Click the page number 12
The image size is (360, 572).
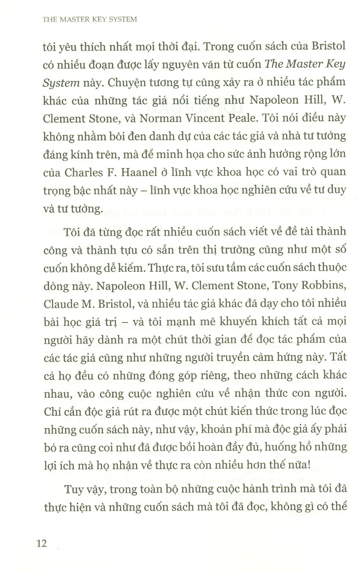point(42,543)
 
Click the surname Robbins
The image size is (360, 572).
point(321,285)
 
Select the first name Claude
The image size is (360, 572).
point(60,303)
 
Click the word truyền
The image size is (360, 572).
point(220,357)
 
